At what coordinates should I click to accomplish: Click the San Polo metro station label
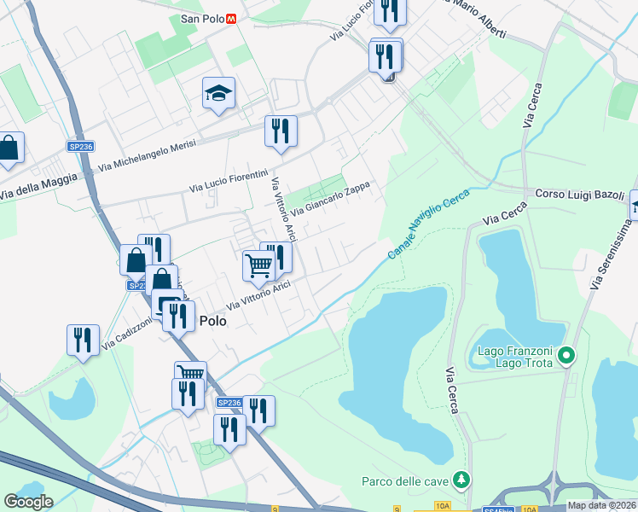[x=202, y=18]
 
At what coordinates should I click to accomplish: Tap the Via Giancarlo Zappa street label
[x=334, y=199]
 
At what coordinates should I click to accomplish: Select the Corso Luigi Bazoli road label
[x=580, y=195]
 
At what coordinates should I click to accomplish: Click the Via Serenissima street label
[x=612, y=253]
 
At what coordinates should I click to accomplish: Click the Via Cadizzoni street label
[x=127, y=334]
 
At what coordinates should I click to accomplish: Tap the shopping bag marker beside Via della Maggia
[x=9, y=148]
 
